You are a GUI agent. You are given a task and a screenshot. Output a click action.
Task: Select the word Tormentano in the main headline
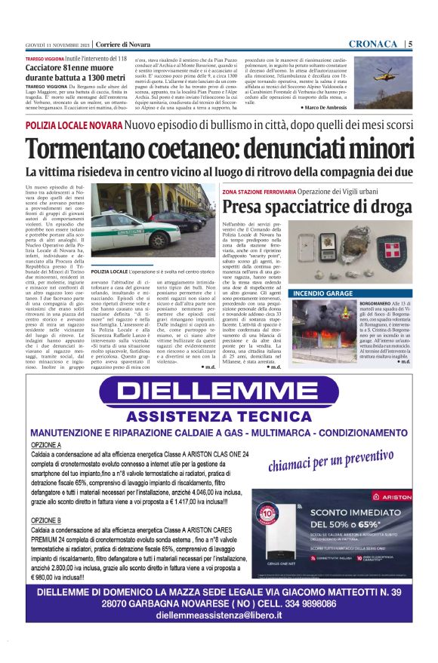97,149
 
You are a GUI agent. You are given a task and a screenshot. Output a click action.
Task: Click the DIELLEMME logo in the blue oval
218,390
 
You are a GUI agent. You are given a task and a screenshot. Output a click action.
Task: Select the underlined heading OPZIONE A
46,446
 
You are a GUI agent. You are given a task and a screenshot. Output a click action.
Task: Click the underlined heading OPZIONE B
46,521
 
